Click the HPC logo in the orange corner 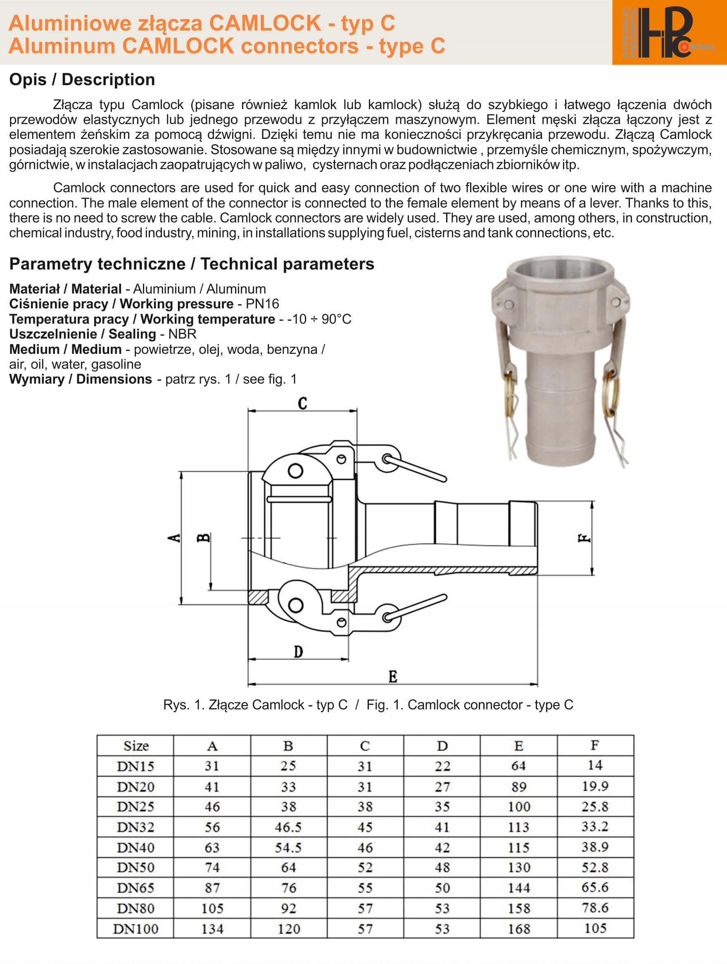669,33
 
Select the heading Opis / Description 82,80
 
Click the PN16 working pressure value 262,304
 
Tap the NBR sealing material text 183,334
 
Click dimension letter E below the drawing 393,677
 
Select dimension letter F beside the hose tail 584,539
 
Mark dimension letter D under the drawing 298,652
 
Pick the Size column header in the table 136,746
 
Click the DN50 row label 135,867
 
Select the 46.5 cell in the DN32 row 288,827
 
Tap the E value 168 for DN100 519,929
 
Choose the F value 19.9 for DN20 595,786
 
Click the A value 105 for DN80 212,908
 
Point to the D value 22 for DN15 442,766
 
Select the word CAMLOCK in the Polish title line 265,23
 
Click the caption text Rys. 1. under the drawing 183,705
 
